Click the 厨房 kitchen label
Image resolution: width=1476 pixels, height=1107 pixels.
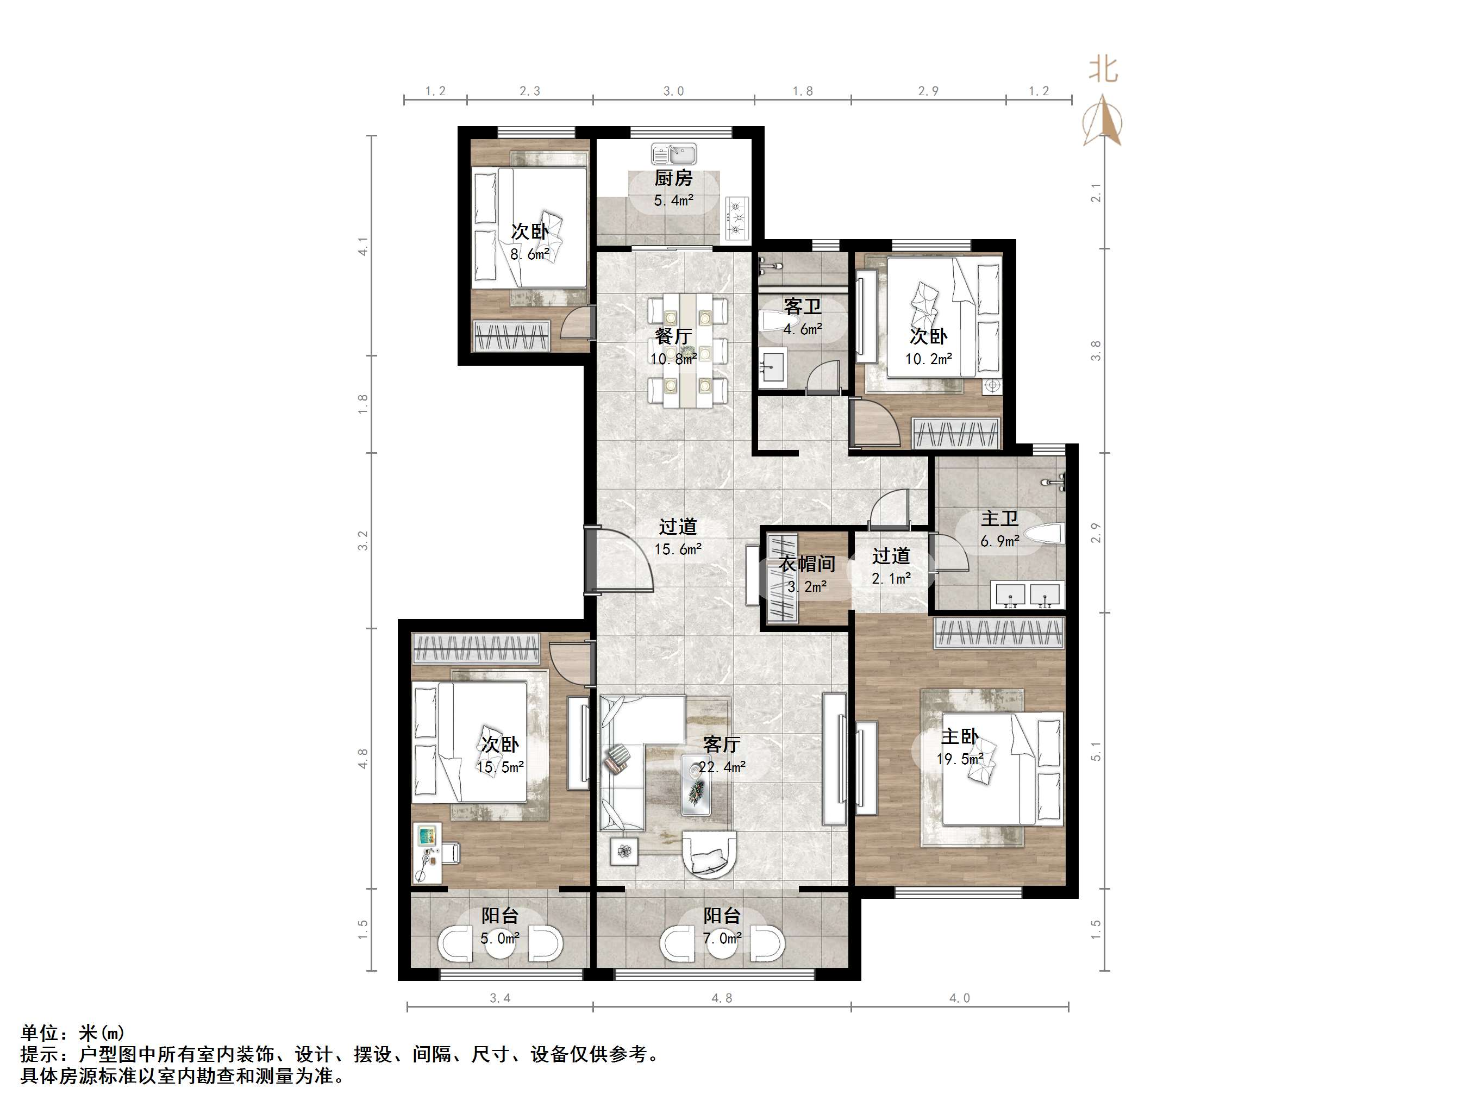click(673, 178)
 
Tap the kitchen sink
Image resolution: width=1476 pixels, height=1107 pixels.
click(673, 154)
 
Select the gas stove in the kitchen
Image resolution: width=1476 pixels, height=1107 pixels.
click(737, 217)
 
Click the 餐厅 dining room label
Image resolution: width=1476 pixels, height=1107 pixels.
click(673, 336)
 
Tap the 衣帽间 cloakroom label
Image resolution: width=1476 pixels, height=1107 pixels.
click(808, 565)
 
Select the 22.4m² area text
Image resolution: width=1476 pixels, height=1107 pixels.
click(722, 767)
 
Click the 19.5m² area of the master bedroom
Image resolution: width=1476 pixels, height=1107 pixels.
click(960, 759)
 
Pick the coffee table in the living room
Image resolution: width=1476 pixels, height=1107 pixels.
click(697, 784)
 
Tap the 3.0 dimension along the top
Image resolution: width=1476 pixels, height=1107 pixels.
click(673, 91)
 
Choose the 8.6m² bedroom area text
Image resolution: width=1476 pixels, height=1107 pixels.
click(530, 254)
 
